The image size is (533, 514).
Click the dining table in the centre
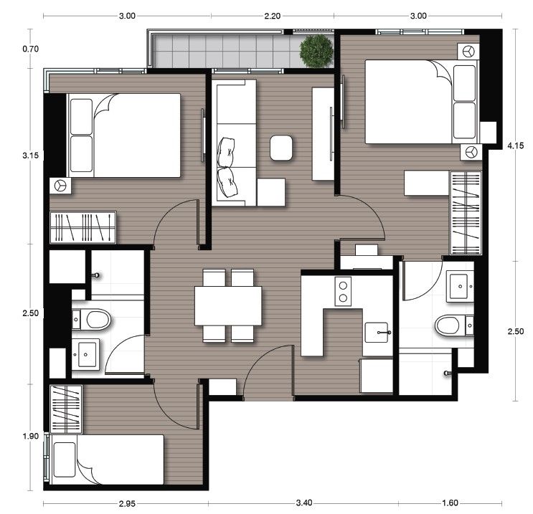(x=228, y=306)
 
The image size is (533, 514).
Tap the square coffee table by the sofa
(x=281, y=148)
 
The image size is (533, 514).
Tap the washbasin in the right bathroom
(x=458, y=285)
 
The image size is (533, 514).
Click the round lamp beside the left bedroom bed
(x=60, y=186)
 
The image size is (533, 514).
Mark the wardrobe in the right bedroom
(x=465, y=213)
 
